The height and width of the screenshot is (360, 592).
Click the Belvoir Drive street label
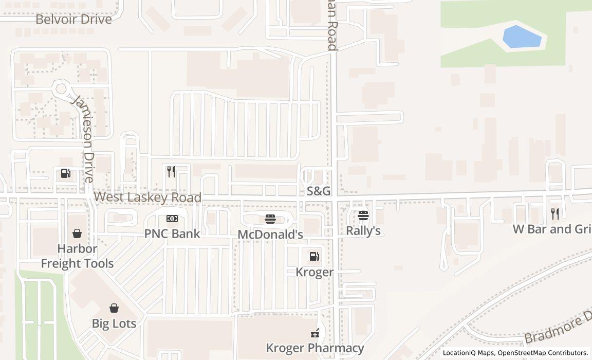click(73, 20)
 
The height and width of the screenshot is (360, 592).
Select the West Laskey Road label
click(147, 197)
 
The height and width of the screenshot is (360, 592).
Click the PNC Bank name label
click(172, 233)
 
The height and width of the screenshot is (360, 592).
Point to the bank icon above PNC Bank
click(172, 219)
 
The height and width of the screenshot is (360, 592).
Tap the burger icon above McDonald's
click(270, 220)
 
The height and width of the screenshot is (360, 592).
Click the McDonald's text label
click(270, 234)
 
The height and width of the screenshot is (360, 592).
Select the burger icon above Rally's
click(363, 215)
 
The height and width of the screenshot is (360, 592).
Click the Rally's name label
click(363, 230)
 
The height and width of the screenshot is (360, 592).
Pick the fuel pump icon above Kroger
click(314, 257)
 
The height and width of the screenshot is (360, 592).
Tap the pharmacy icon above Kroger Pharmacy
click(315, 333)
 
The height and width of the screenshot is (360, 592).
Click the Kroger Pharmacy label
click(315, 348)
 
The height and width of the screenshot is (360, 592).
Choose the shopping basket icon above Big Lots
click(114, 308)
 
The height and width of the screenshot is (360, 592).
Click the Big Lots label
click(114, 323)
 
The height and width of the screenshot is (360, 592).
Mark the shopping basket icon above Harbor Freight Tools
click(77, 234)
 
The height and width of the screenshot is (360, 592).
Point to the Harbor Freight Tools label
click(77, 256)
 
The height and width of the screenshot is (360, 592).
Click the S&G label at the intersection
click(319, 191)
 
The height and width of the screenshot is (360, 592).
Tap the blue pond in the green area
click(522, 37)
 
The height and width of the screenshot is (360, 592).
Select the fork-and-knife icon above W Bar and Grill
click(555, 214)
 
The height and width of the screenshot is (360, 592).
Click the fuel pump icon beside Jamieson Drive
click(65, 173)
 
